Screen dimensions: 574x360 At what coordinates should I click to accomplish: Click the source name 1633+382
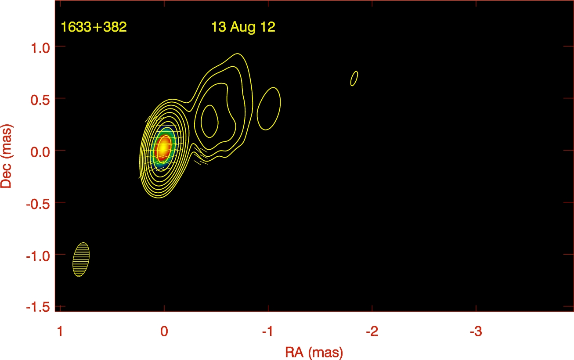[x=94, y=27]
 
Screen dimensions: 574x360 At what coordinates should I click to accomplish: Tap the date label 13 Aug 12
[x=243, y=27]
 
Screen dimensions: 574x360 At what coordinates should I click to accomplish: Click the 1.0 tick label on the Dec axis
[x=40, y=48]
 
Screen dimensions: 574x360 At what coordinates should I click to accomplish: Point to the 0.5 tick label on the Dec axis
[x=40, y=100]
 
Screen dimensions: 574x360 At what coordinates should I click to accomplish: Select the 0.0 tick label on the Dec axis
[x=40, y=152]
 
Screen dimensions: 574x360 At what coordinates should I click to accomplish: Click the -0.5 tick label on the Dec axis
[x=38, y=204]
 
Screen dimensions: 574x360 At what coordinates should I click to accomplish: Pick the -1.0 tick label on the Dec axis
[x=38, y=256]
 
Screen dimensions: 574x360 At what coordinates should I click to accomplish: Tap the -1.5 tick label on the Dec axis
[x=38, y=307]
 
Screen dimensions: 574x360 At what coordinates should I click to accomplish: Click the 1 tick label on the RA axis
[x=60, y=331]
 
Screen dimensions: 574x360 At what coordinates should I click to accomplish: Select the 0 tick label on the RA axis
[x=164, y=331]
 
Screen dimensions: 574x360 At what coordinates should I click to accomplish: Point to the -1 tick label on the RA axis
[x=268, y=331]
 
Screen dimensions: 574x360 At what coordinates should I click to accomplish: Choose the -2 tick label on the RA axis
[x=372, y=331]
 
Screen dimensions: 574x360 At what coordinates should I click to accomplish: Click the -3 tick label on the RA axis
[x=476, y=331]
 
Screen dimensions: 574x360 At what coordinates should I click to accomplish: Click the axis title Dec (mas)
[x=7, y=156]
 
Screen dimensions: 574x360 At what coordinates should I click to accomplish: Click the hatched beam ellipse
[x=81, y=259]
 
